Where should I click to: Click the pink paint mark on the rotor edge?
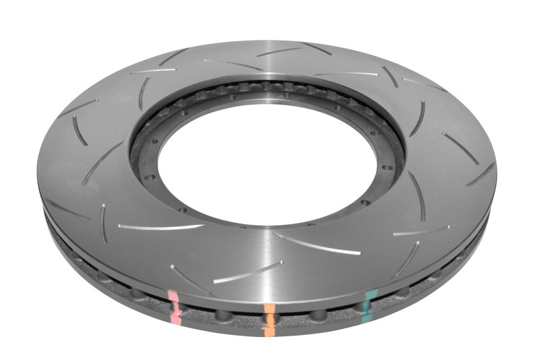pyautogui.click(x=174, y=307)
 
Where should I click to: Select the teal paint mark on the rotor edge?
pyautogui.click(x=369, y=303)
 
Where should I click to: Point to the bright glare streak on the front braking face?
pyautogui.click(x=273, y=263)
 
